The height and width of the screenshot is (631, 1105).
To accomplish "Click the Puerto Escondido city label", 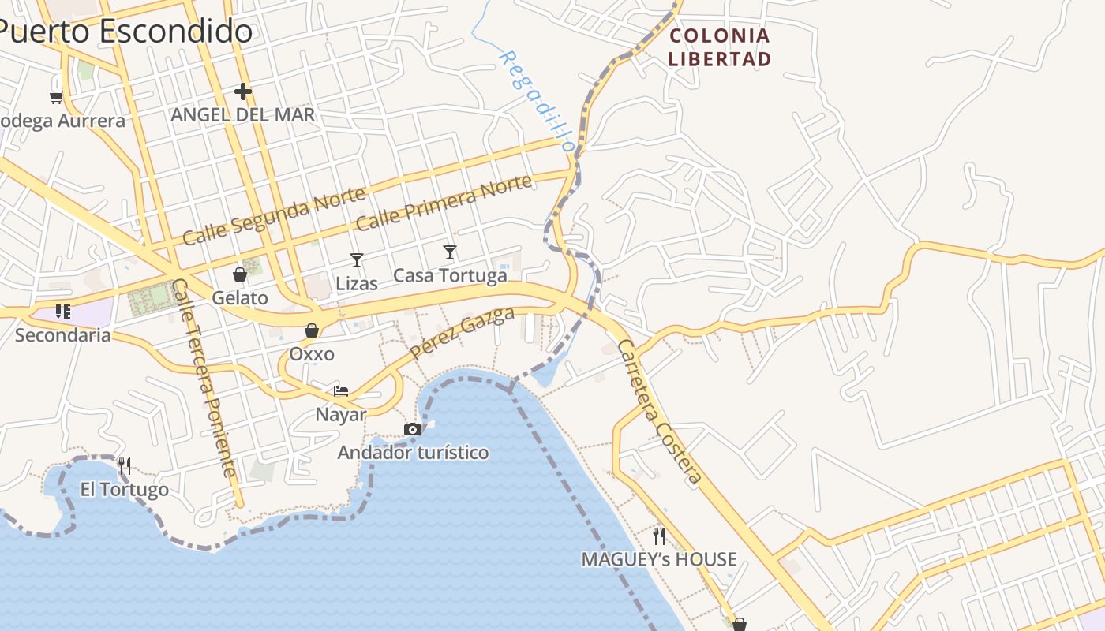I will (x=126, y=32).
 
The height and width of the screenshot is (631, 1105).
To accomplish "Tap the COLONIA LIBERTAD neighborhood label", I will (x=719, y=47).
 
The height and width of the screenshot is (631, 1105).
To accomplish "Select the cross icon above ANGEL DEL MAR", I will (x=242, y=91).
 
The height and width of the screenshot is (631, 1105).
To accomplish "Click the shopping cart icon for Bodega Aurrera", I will (x=56, y=97).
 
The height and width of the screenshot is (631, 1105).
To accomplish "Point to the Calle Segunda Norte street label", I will (x=274, y=215).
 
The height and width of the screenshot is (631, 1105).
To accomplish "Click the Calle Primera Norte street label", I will (x=444, y=203).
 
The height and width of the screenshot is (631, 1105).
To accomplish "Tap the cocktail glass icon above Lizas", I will (x=357, y=259).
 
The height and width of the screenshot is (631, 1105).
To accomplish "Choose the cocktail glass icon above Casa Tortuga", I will (x=450, y=252).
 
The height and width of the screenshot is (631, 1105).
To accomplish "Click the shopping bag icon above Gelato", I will (x=239, y=274).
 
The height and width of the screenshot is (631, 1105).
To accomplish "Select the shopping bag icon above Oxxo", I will (x=312, y=330).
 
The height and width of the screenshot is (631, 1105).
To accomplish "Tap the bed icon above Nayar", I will (x=341, y=390).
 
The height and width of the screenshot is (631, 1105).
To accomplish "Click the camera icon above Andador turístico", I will (x=412, y=429).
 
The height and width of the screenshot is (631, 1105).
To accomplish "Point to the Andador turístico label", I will (x=413, y=453).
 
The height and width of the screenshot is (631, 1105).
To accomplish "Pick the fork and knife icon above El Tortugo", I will (x=125, y=466).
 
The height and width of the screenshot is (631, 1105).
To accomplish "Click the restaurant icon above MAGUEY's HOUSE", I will (x=659, y=536).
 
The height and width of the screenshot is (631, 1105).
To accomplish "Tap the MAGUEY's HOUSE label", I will (x=659, y=559).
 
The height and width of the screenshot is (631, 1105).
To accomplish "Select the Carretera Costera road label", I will (x=659, y=411).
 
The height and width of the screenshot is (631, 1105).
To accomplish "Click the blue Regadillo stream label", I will (x=537, y=101).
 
